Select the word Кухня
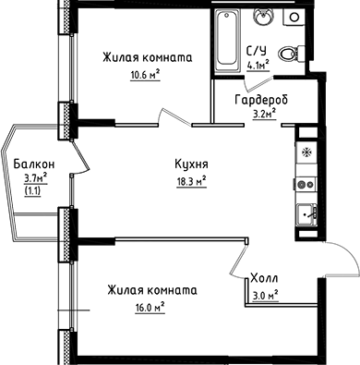[189, 164]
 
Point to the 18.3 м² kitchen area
[189, 181]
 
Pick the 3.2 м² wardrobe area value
[265, 116]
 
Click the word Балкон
[32, 164]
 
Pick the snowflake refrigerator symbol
[306, 149]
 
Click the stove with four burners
[306, 184]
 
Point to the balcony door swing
[79, 162]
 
